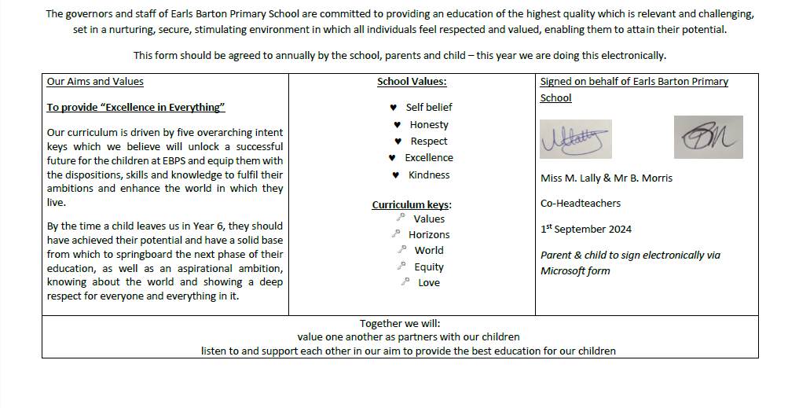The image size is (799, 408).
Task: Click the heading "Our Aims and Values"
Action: [95, 81]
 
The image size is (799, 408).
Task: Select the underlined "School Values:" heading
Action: [412, 81]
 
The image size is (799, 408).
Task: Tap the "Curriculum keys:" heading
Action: [412, 205]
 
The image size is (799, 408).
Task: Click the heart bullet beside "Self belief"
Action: [393, 108]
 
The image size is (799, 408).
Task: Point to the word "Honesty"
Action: [429, 124]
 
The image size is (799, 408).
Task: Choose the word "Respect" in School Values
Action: [429, 142]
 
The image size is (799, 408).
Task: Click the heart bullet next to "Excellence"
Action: [392, 158]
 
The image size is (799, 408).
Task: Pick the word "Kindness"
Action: [429, 175]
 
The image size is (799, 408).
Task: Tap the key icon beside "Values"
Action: [401, 218]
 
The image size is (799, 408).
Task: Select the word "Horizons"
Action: [429, 234]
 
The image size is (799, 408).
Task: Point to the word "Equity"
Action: [429, 266]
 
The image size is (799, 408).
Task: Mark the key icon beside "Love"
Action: [405, 281]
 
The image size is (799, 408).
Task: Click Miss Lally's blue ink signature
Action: [575, 139]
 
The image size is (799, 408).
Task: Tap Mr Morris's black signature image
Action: [708, 138]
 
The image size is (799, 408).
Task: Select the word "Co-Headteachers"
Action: [581, 203]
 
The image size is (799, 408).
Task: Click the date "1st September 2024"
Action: [586, 230]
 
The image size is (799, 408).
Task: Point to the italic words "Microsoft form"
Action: [575, 271]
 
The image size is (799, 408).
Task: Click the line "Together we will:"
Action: [400, 323]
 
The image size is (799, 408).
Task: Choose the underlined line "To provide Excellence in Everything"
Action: [136, 108]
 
